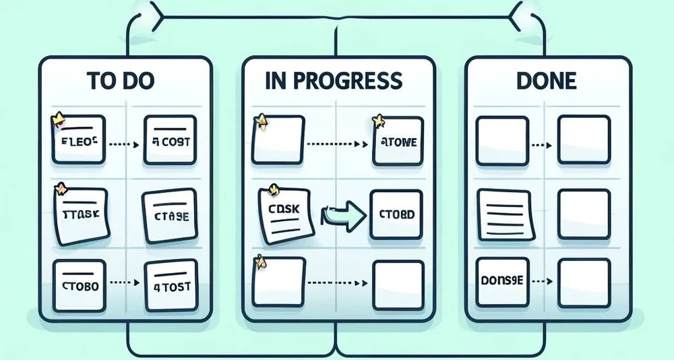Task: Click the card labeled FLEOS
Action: (x=79, y=142)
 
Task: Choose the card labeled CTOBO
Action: (x=80, y=287)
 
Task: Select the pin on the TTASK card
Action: (x=61, y=188)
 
